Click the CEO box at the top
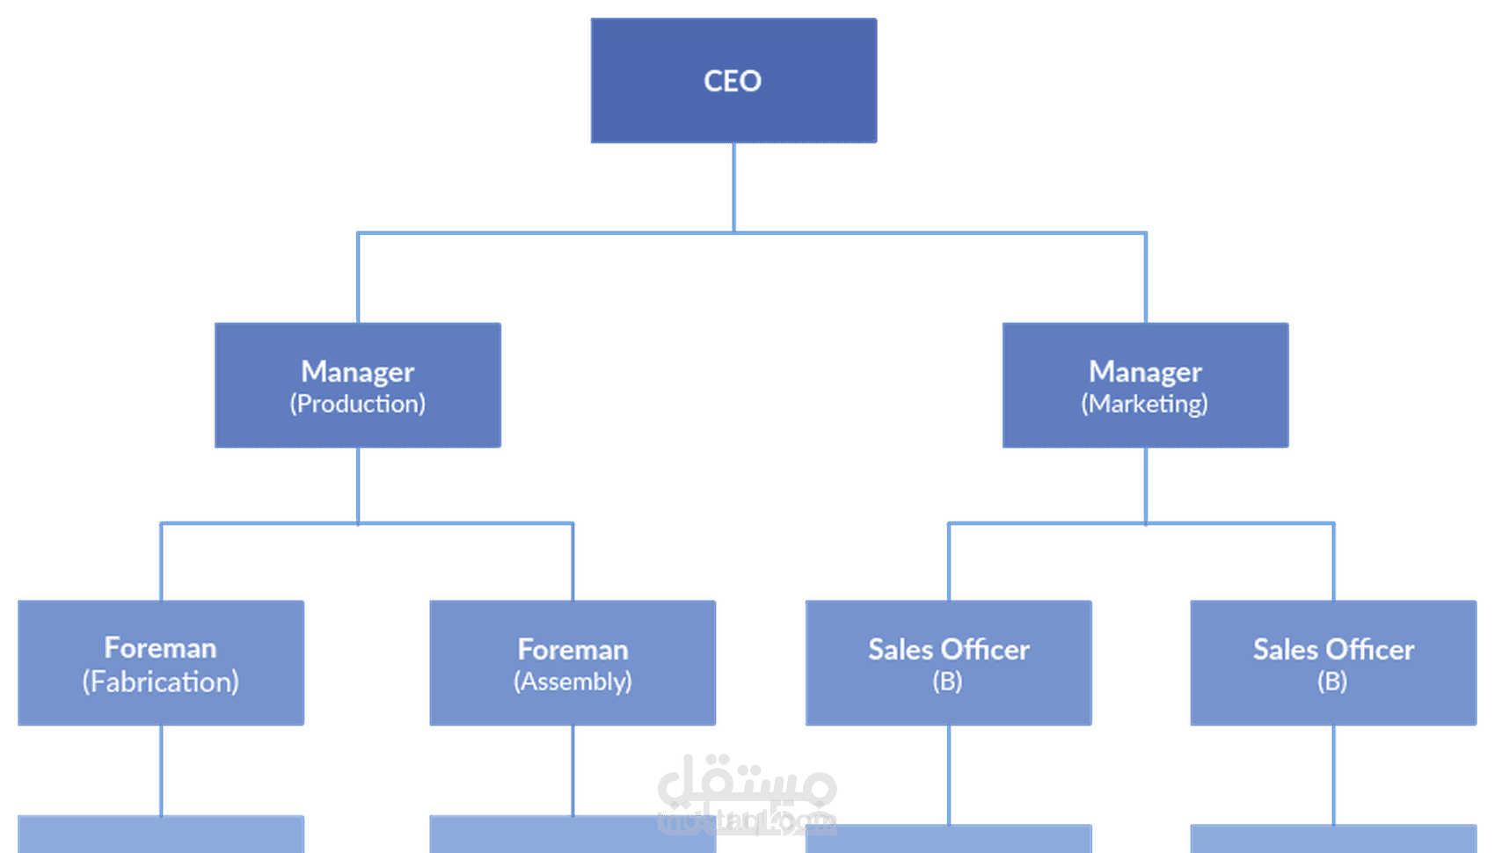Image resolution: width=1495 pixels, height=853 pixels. (x=733, y=80)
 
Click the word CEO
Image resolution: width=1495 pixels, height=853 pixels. (x=733, y=81)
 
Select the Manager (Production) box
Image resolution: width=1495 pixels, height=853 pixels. (x=358, y=385)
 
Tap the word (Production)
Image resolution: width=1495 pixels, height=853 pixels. (x=358, y=404)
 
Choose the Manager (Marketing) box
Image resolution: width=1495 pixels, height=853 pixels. (x=1145, y=385)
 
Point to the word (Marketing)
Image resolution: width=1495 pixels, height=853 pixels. (x=1145, y=404)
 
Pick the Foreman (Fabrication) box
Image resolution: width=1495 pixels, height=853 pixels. (x=161, y=663)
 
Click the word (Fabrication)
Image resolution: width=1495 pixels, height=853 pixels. (x=161, y=682)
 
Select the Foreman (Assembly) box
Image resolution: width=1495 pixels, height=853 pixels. (x=572, y=663)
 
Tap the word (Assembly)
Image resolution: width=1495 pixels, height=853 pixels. (x=572, y=682)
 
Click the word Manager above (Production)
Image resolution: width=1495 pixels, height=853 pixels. (x=358, y=373)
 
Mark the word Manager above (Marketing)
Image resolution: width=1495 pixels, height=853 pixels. (x=1145, y=373)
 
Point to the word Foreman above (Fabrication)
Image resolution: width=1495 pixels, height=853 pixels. (x=160, y=647)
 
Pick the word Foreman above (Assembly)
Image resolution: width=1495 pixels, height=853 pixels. (x=572, y=649)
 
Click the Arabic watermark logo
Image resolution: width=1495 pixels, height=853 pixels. (x=747, y=794)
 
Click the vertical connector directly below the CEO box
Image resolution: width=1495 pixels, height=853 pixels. (x=733, y=187)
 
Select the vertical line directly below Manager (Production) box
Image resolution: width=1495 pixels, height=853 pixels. (x=358, y=485)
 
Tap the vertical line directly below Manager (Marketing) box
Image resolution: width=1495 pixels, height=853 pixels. (x=1145, y=485)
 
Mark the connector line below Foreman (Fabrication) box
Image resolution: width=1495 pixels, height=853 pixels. (x=161, y=770)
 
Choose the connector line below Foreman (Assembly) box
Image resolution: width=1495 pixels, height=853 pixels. (x=572, y=770)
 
